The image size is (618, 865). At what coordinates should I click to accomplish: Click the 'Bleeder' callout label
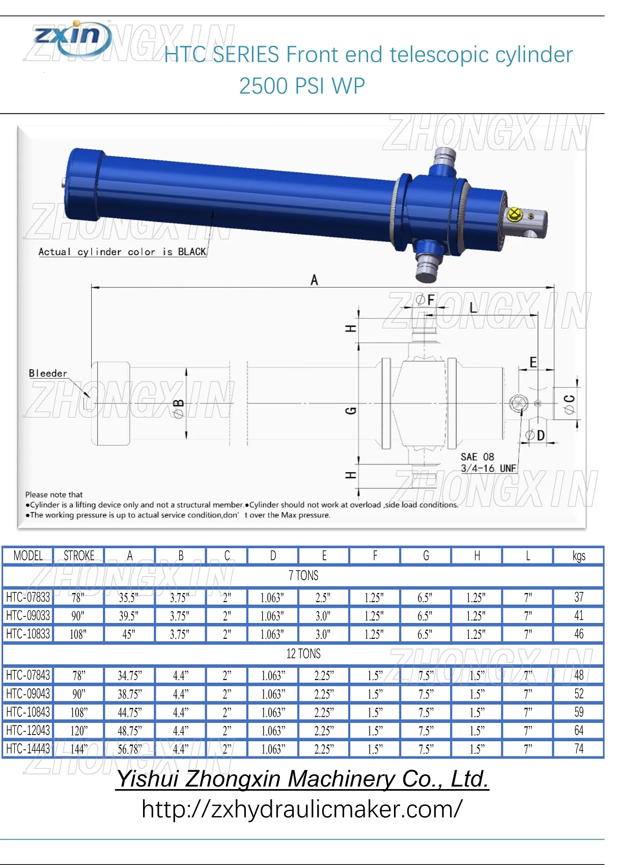(x=48, y=373)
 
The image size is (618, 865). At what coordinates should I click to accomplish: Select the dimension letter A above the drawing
(x=315, y=280)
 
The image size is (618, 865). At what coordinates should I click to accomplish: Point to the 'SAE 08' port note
(x=477, y=457)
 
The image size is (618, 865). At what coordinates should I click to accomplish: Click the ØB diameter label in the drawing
(x=179, y=409)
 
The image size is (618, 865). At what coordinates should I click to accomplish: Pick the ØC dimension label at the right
(x=570, y=404)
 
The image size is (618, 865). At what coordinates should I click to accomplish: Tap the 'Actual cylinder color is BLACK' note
(x=122, y=252)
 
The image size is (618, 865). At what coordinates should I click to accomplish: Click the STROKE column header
(x=79, y=556)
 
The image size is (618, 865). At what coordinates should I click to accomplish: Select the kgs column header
(x=579, y=556)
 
